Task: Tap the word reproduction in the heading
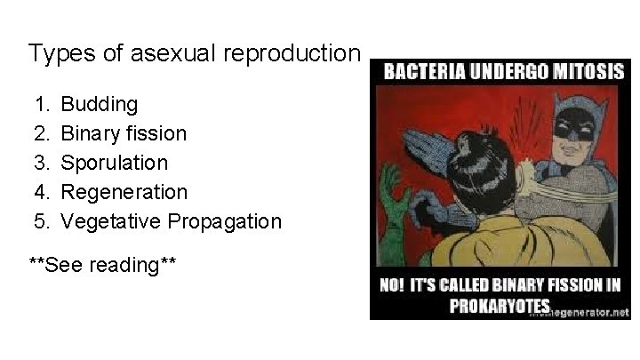294,54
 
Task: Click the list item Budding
99,105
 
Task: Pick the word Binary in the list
88,134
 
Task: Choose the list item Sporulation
114,163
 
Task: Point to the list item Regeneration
124,192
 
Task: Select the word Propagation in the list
226,221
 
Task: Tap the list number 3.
41,163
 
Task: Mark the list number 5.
41,221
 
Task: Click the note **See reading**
103,265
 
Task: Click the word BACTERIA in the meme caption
427,73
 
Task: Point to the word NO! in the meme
397,287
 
